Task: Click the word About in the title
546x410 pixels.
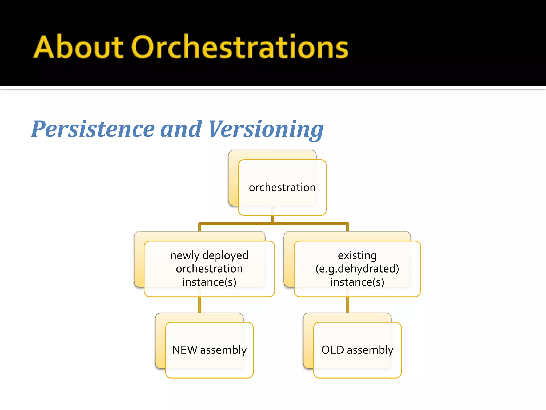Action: click(78, 47)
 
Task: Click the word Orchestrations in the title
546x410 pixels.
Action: click(239, 47)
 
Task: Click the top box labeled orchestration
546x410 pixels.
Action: click(282, 187)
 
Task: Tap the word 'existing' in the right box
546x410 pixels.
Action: click(357, 255)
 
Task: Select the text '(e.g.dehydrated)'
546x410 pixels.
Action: click(357, 269)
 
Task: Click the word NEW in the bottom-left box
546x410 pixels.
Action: click(184, 350)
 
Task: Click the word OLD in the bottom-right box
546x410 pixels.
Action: click(332, 350)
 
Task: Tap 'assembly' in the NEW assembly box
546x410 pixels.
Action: click(223, 350)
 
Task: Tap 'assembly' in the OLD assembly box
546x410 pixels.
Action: click(370, 350)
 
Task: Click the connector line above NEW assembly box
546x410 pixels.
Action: click(200, 305)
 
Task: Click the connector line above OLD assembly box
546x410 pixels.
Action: click(348, 305)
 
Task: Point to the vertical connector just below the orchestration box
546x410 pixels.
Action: click(273, 219)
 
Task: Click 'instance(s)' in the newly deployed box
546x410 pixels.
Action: click(209, 282)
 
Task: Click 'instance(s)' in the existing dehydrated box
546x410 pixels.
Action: click(357, 282)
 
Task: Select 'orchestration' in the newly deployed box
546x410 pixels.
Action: click(209, 269)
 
